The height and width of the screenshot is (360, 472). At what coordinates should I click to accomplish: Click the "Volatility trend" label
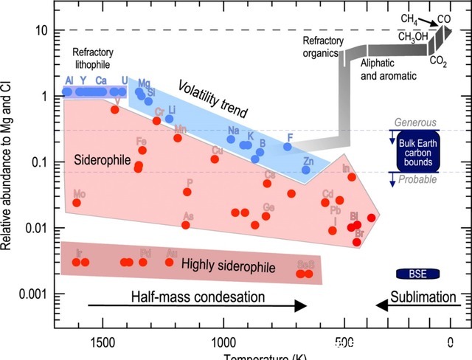(212, 104)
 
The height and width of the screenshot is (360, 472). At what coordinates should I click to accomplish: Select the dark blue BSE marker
(417, 274)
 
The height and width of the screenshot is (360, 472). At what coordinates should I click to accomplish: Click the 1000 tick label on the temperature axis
(222, 342)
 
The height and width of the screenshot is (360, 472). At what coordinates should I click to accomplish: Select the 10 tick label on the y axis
(42, 30)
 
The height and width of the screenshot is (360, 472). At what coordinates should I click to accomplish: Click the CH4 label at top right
(409, 18)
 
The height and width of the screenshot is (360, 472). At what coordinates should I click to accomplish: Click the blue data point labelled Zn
(306, 170)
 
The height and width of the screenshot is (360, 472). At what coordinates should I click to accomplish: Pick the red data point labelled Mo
(77, 202)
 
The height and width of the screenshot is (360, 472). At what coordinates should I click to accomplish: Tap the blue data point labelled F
(288, 147)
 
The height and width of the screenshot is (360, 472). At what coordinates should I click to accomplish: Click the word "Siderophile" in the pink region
(103, 160)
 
